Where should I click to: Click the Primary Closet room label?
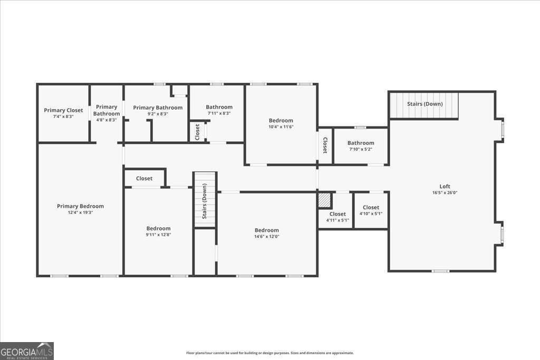[x=63, y=110]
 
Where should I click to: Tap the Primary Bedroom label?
[x=80, y=206]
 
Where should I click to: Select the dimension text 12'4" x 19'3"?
[x=80, y=212]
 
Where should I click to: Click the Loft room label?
[x=445, y=186]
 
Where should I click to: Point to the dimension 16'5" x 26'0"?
[x=445, y=193]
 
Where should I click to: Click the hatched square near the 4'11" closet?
[x=324, y=200]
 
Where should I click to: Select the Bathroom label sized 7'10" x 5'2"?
[x=361, y=143]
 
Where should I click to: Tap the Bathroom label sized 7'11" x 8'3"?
[x=219, y=107]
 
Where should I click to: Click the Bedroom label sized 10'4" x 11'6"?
[x=281, y=120]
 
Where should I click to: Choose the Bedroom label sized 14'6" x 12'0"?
[x=266, y=230]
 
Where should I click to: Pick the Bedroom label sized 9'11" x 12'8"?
[x=158, y=228]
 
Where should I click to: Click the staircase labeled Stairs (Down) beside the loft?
[x=425, y=104]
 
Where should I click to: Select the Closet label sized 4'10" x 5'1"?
[x=371, y=207]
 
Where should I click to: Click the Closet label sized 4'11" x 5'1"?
[x=337, y=214]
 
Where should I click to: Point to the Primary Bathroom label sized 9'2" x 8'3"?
[x=158, y=108]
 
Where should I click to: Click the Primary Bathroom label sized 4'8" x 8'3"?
[x=107, y=110]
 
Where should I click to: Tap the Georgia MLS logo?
[x=27, y=351]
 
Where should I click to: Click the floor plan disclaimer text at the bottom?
[x=269, y=353]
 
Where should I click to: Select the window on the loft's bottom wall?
[x=440, y=271]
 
